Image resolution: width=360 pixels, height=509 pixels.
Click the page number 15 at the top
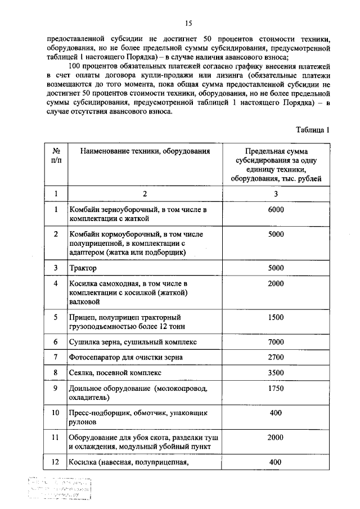pos(188,23)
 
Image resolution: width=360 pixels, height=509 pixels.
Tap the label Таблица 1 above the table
pos(312,130)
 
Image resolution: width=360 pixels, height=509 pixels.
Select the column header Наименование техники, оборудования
pos(145,151)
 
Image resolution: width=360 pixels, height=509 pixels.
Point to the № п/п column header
pos(56,156)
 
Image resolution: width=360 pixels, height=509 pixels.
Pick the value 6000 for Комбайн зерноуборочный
pos(276,210)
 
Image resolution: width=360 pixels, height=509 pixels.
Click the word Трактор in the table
pos(83,268)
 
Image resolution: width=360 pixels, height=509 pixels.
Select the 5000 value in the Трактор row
pos(276,268)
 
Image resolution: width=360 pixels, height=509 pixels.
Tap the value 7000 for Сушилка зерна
pos(276,342)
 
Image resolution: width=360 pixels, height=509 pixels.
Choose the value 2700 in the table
pos(276,357)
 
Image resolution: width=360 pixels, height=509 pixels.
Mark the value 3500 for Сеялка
pos(276,372)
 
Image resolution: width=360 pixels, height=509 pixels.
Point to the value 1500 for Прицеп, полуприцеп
pos(276,317)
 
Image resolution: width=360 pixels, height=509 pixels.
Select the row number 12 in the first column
pos(56,462)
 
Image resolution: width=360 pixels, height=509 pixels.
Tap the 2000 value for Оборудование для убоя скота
pos(276,437)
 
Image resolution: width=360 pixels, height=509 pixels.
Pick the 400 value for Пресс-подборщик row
pos(276,412)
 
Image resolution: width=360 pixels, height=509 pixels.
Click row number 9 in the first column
pos(56,388)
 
